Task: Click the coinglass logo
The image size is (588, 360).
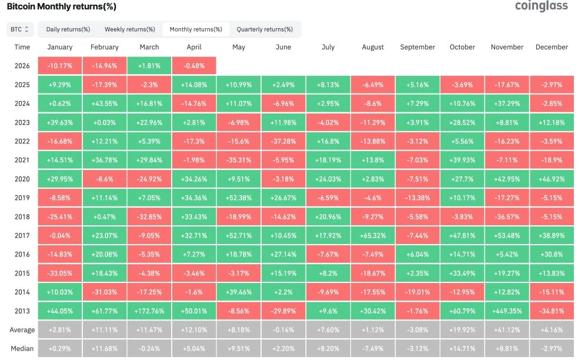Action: tap(541, 6)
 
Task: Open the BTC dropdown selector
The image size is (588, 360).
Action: tap(20, 29)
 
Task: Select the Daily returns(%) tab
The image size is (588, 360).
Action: tap(68, 29)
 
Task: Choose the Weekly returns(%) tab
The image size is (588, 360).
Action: tap(129, 29)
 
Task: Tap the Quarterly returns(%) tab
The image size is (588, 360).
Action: tap(265, 29)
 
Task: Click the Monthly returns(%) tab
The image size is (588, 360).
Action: tap(196, 29)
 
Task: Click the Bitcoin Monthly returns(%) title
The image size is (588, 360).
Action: tap(61, 6)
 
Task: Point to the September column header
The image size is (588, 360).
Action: tap(417, 47)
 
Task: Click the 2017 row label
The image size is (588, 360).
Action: tap(22, 235)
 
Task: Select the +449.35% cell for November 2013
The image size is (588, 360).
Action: tap(507, 311)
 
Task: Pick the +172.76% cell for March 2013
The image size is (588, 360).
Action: tap(149, 311)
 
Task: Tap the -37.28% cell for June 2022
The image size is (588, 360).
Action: tap(283, 141)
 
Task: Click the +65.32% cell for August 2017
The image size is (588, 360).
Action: tap(373, 235)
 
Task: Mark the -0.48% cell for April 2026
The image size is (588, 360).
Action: tap(194, 66)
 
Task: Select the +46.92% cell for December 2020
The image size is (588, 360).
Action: tap(552, 179)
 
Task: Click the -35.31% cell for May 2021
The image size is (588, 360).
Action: tap(239, 160)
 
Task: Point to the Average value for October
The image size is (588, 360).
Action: tap(462, 330)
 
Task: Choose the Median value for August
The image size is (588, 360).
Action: tap(373, 349)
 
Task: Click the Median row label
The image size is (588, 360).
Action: tap(22, 349)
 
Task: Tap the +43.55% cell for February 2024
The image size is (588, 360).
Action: tap(105, 104)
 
